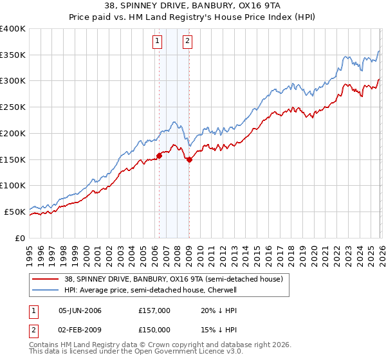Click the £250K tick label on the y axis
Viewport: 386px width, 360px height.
point(13,107)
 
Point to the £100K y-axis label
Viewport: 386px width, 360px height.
point(13,185)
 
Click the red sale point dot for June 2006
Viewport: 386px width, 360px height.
point(159,155)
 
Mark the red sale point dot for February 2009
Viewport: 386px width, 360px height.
point(189,159)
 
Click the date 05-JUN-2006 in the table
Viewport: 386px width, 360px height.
point(80,310)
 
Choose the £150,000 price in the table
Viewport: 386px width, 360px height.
point(154,330)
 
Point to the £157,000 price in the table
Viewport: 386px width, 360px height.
point(154,310)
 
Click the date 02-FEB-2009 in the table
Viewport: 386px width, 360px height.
point(80,330)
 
